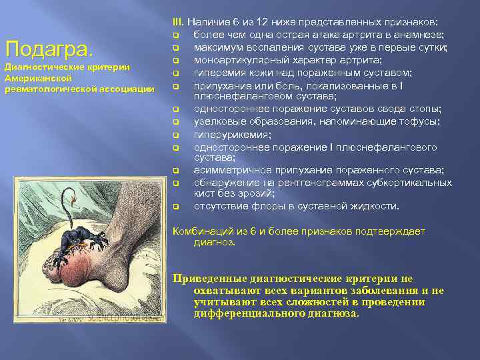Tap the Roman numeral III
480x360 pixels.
point(177,22)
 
